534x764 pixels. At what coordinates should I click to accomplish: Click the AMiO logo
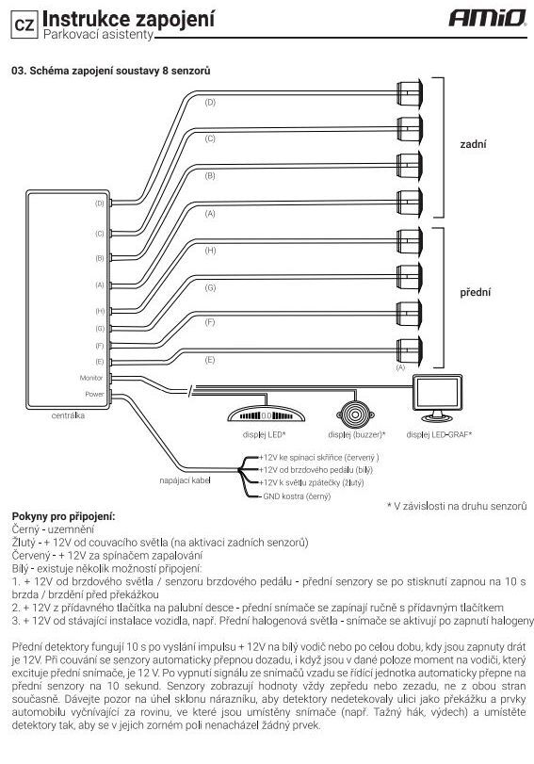click(487, 18)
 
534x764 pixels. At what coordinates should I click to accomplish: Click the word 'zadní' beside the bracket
click(473, 144)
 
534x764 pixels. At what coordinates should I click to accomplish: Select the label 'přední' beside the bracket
click(476, 292)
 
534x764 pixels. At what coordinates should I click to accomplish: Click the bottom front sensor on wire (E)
click(410, 349)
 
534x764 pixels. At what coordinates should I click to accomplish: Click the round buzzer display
click(356, 415)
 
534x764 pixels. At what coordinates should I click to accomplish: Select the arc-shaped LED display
click(266, 414)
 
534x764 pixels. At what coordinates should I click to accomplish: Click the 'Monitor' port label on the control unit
click(91, 378)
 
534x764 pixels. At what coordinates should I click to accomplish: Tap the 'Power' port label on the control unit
click(94, 394)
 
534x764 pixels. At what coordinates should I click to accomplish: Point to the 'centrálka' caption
click(68, 415)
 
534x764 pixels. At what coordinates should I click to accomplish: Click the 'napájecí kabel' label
click(186, 480)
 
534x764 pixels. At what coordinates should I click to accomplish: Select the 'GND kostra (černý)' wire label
click(297, 496)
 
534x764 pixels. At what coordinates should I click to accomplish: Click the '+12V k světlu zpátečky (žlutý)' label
click(312, 483)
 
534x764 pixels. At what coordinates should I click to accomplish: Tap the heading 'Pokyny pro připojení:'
click(63, 516)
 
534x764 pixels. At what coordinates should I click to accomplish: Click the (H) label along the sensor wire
click(210, 251)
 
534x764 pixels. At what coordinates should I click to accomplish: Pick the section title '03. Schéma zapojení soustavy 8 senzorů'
click(110, 71)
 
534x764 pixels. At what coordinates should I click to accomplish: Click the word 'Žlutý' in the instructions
click(24, 543)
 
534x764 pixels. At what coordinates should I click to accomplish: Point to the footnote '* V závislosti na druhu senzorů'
click(457, 506)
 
